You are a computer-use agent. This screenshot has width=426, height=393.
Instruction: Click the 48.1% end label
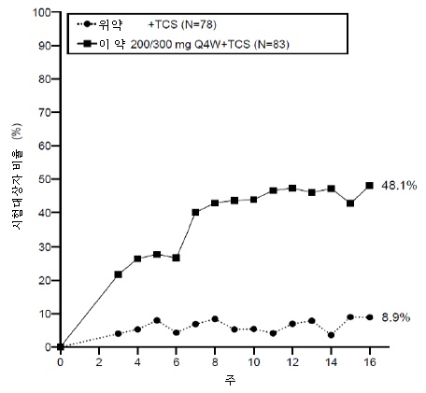399,186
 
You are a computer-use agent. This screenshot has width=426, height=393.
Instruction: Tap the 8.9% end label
396,317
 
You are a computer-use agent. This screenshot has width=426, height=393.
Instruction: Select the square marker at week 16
370,186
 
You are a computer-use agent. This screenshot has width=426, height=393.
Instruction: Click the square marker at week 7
195,212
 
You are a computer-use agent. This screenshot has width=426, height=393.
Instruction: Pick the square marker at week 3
119,274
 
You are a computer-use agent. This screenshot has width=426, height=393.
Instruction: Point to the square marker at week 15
350,204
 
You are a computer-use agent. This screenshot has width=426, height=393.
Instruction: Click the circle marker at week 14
331,335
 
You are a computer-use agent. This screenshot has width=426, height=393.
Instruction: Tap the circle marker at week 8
215,319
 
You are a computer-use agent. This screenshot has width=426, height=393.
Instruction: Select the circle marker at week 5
157,320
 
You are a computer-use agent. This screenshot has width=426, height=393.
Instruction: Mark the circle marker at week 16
370,317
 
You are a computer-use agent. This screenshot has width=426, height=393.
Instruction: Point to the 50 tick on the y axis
45,179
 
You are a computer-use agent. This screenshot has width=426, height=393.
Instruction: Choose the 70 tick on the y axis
45,112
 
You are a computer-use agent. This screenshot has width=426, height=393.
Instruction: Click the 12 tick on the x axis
292,362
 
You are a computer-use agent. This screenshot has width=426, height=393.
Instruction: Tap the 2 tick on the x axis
99,362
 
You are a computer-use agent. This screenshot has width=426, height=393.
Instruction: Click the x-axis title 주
230,380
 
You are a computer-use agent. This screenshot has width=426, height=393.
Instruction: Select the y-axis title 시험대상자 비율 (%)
18,176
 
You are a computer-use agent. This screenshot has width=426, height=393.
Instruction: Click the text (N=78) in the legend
198,24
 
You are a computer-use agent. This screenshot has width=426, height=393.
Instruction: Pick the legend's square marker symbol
90,44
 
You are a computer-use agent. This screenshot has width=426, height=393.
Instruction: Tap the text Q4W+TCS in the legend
222,45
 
